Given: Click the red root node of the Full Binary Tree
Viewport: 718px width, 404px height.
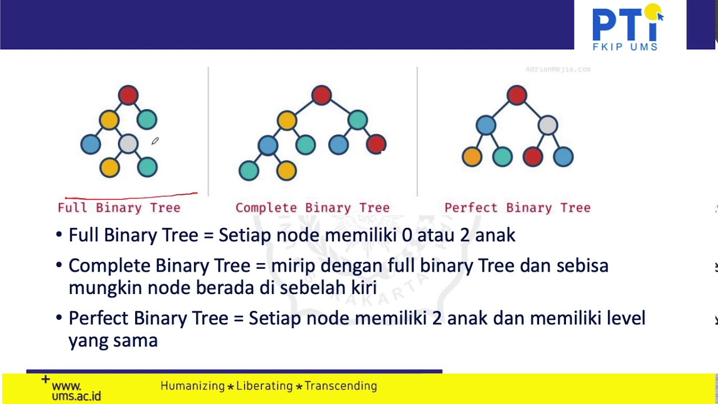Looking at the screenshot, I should click(128, 95).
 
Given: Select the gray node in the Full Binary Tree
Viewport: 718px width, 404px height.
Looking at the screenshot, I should click(128, 144).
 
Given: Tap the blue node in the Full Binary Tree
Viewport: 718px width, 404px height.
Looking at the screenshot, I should click(90, 144).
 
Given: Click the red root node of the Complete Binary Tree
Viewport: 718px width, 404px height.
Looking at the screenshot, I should click(321, 95).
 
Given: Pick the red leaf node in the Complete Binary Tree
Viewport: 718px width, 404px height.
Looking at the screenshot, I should click(376, 144).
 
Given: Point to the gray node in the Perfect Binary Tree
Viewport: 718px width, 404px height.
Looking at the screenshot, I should click(547, 125).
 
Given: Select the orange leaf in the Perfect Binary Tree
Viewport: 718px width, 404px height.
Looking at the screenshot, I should click(472, 157).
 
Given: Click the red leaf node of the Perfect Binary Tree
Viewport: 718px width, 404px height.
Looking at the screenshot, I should click(532, 157).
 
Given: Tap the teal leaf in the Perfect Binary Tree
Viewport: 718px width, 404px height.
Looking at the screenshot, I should click(502, 157).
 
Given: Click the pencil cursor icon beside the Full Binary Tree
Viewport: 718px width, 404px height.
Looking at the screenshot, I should click(155, 141).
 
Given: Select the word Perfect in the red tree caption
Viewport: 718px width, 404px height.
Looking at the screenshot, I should click(471, 208).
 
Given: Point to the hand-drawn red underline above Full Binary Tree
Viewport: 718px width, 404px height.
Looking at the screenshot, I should click(131, 196).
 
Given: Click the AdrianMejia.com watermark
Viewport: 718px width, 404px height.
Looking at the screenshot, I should click(558, 70).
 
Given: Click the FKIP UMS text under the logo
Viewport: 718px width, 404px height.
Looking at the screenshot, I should click(625, 47).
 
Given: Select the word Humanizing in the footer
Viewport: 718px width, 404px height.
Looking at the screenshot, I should click(192, 386).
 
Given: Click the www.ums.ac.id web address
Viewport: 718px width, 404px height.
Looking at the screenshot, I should click(75, 391).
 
